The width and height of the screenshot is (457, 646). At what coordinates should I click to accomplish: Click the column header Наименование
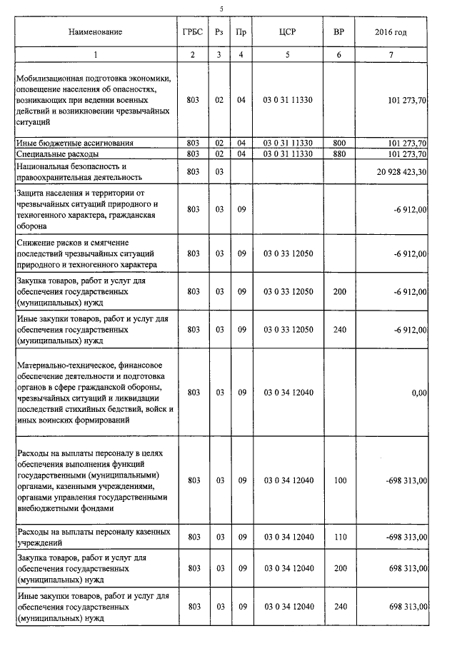96,32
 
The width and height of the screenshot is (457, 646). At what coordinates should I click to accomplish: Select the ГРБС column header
192,32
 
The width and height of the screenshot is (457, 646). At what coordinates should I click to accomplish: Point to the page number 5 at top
222,8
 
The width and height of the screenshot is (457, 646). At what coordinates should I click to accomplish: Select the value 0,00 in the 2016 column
419,392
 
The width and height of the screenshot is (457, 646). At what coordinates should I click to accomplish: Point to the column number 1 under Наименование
96,55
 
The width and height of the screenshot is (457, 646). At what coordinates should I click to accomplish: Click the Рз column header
219,32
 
